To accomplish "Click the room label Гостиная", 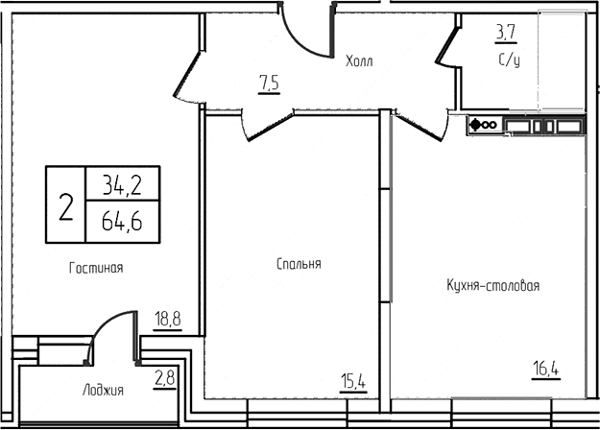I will coord(96,268).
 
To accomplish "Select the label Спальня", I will coord(298,263).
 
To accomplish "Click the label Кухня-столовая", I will coord(492,285).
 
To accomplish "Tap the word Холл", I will coord(359,62).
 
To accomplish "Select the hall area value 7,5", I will coord(269,83).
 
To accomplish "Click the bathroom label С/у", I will coord(509,61).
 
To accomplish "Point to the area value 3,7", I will coord(506,36).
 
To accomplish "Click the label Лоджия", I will coord(102,390).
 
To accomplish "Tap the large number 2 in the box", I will coord(65,205).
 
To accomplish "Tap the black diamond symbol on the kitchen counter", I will coord(474,124).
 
